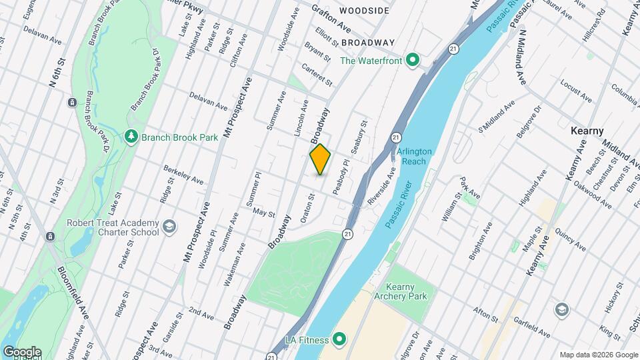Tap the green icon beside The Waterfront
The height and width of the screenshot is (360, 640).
(413, 61)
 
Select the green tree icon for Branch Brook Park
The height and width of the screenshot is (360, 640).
(131, 137)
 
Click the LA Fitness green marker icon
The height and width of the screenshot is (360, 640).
(339, 340)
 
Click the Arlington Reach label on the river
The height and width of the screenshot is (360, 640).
(414, 156)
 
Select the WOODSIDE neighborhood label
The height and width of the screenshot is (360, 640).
(364, 11)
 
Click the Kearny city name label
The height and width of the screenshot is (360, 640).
(587, 131)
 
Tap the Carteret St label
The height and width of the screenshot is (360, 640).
(317, 74)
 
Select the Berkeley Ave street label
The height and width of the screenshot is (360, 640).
(183, 175)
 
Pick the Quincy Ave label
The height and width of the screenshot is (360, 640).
(571, 241)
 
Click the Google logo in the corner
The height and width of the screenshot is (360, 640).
(21, 352)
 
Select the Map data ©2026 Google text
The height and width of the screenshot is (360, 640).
(598, 355)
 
